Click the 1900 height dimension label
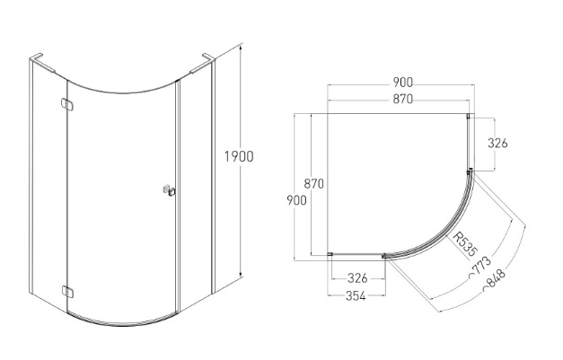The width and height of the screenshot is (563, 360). coord(239,157)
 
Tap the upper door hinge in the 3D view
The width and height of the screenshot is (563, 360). coord(67,104)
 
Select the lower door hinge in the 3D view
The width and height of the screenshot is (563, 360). coord(67,292)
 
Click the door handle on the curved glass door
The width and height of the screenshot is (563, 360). coord(169,190)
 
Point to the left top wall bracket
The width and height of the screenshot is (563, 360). coord(42,63)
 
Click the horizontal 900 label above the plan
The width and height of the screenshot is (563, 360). coord(402,83)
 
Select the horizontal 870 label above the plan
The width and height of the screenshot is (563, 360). coord(402,99)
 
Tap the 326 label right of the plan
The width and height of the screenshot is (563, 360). coord(497,144)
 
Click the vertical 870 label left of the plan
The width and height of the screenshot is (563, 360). coord(313,184)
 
